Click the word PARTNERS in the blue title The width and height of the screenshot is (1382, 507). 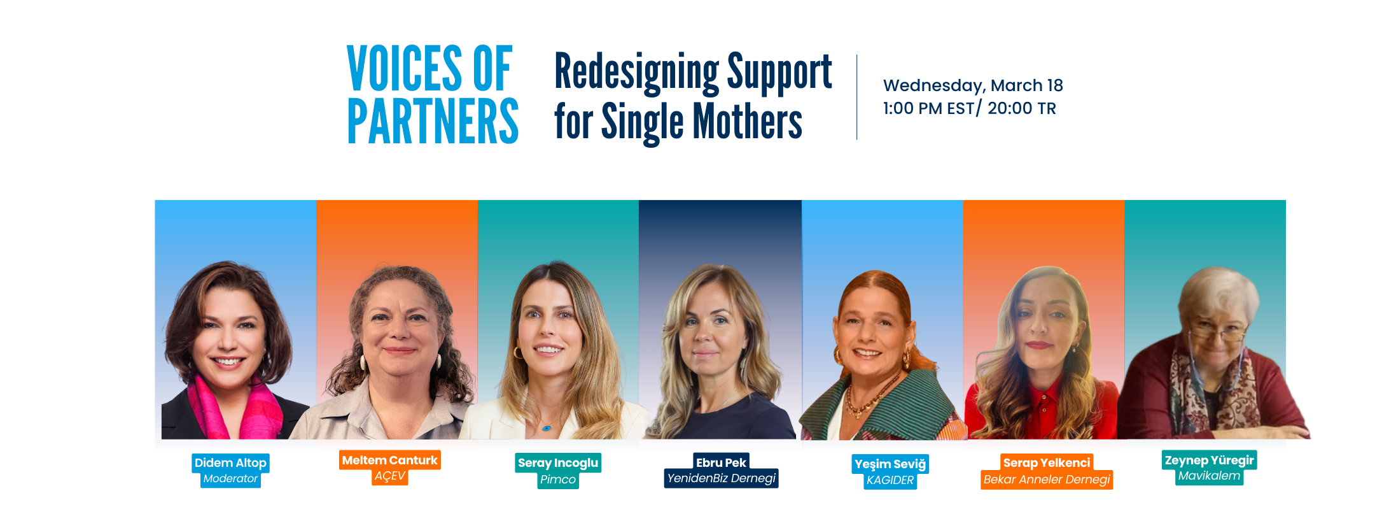coord(433,121)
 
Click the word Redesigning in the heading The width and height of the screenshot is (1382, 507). coord(636,72)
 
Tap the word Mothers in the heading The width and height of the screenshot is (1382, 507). coord(747,121)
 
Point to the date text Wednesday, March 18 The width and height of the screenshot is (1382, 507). coord(973,85)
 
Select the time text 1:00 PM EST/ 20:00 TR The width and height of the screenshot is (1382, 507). coord(969,108)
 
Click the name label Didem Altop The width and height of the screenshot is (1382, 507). coord(230,463)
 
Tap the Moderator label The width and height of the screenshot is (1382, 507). coord(230,479)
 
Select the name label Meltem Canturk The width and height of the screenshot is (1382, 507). coord(389,460)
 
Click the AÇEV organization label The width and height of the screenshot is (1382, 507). coord(389,476)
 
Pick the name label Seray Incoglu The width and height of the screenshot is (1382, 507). coord(558,463)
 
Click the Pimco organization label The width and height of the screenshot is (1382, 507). coord(558,480)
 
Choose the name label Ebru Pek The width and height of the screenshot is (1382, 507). coord(721,462)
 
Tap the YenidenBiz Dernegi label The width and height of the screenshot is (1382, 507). coord(721,478)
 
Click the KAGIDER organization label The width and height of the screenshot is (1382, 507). coord(890,480)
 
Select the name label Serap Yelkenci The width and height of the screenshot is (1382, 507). coord(1047,463)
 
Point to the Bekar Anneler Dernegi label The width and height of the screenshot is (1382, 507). coord(1047,480)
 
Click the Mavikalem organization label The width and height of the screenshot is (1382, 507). coord(1209,476)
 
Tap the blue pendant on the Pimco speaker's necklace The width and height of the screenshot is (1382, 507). coord(547,428)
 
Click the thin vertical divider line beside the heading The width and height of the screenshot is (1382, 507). coord(857,97)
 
